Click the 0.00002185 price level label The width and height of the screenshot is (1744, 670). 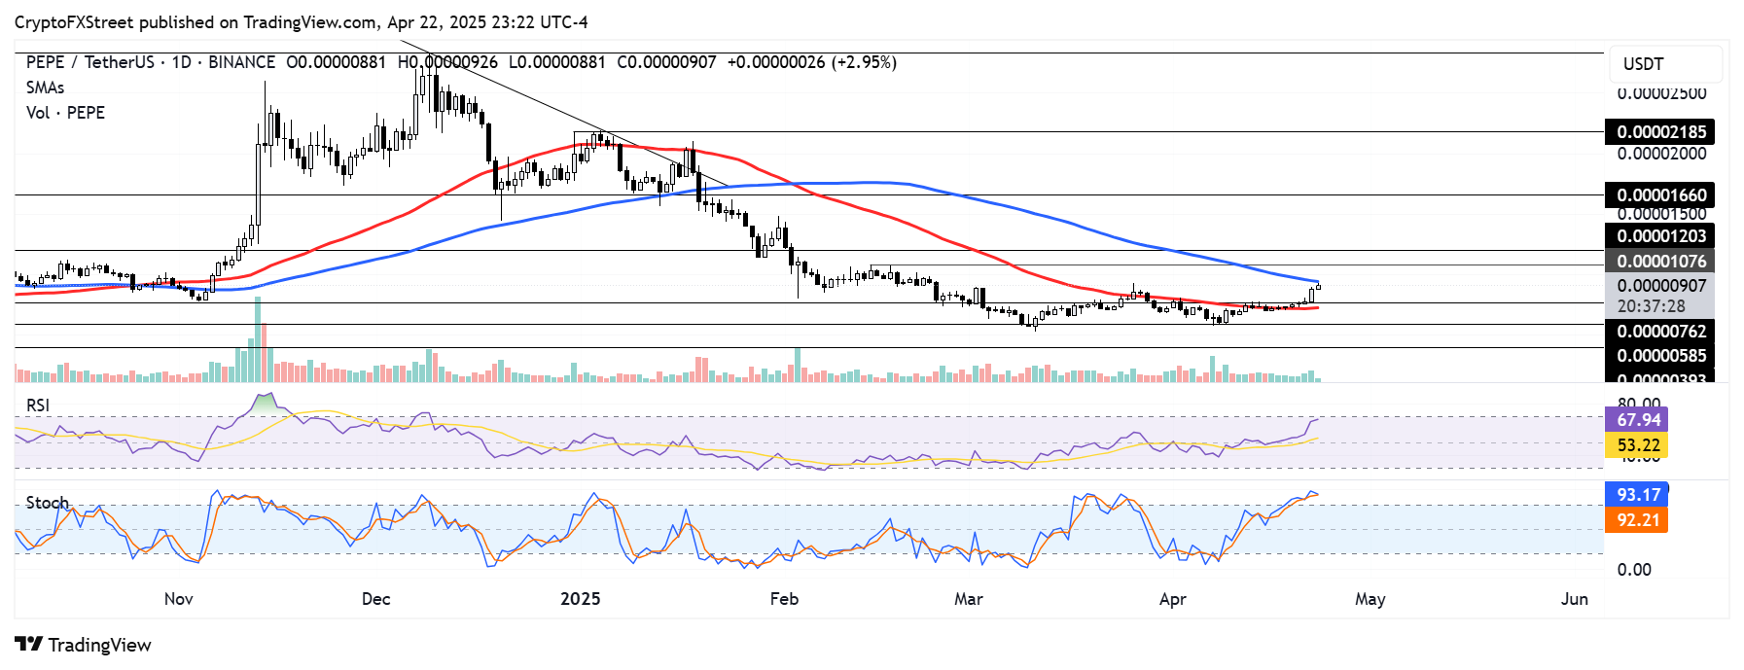[1660, 132]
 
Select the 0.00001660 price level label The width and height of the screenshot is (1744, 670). [1660, 195]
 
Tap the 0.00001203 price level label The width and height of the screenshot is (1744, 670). [1660, 236]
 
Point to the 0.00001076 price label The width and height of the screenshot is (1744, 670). [1660, 262]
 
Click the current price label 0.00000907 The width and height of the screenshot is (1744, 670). [1660, 286]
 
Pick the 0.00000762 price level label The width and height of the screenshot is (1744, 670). [1660, 332]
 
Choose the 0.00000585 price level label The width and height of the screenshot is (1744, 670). [1660, 356]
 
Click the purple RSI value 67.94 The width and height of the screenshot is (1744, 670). [1638, 420]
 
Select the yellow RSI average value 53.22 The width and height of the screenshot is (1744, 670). [1638, 445]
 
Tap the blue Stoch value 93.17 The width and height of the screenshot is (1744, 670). [1638, 495]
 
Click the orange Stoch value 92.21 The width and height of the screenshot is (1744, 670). [1638, 520]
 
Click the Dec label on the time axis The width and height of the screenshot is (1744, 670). [375, 599]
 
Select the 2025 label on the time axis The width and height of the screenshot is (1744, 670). [580, 599]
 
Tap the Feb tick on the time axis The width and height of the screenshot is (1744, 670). [783, 599]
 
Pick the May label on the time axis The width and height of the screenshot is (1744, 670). [1370, 599]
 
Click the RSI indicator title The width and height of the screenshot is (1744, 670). [38, 406]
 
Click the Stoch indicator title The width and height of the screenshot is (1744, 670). [47, 503]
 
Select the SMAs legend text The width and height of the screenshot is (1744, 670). [45, 88]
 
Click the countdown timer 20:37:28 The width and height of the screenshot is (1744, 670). [1651, 306]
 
